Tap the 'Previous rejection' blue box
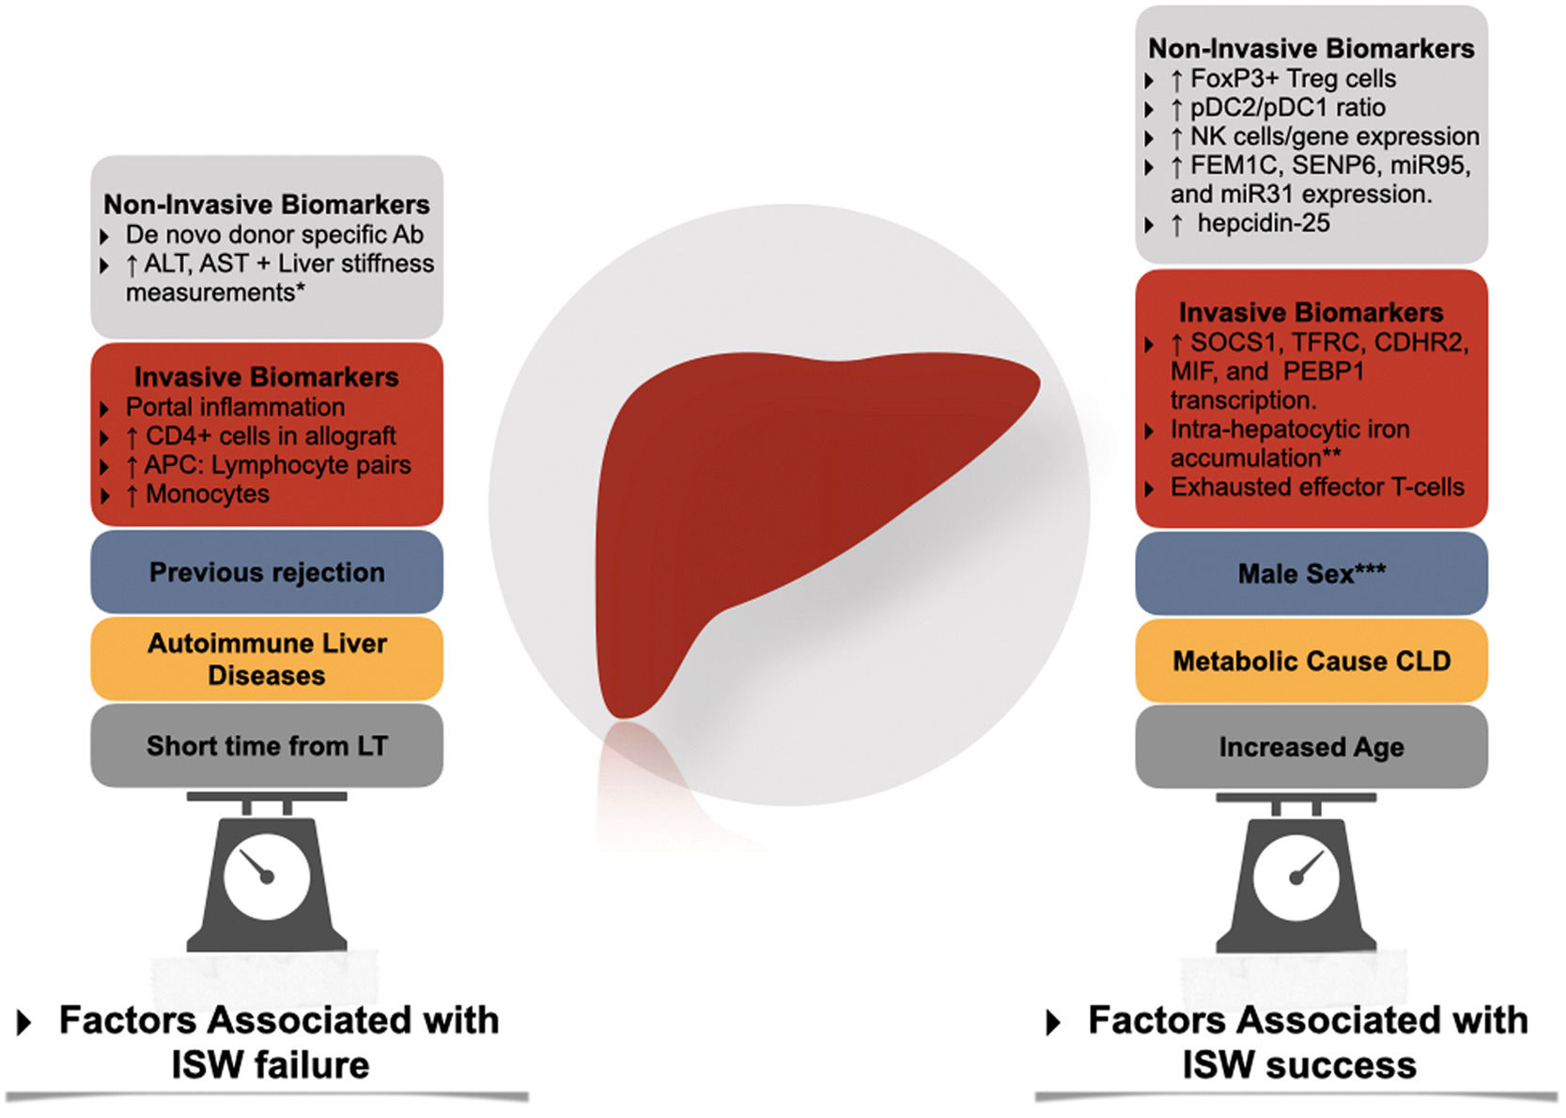(x=267, y=572)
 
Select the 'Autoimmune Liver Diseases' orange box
(x=267, y=659)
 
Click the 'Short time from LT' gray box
(x=267, y=746)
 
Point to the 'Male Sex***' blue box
(x=1311, y=573)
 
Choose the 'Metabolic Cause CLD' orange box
(x=1311, y=660)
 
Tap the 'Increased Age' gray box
(x=1311, y=747)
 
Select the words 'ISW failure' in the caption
(x=271, y=1065)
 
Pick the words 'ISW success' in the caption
(x=1299, y=1065)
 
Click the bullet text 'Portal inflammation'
(x=235, y=407)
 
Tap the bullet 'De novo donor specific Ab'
(x=274, y=234)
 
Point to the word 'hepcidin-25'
(x=1264, y=224)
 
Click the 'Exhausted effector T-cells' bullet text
(x=1317, y=487)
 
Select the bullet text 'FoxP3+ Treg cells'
(x=1293, y=79)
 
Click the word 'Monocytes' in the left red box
(x=208, y=494)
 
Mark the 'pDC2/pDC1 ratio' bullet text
(x=1288, y=107)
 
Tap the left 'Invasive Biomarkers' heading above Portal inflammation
(x=267, y=377)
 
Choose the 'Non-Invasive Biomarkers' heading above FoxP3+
(x=1311, y=48)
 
